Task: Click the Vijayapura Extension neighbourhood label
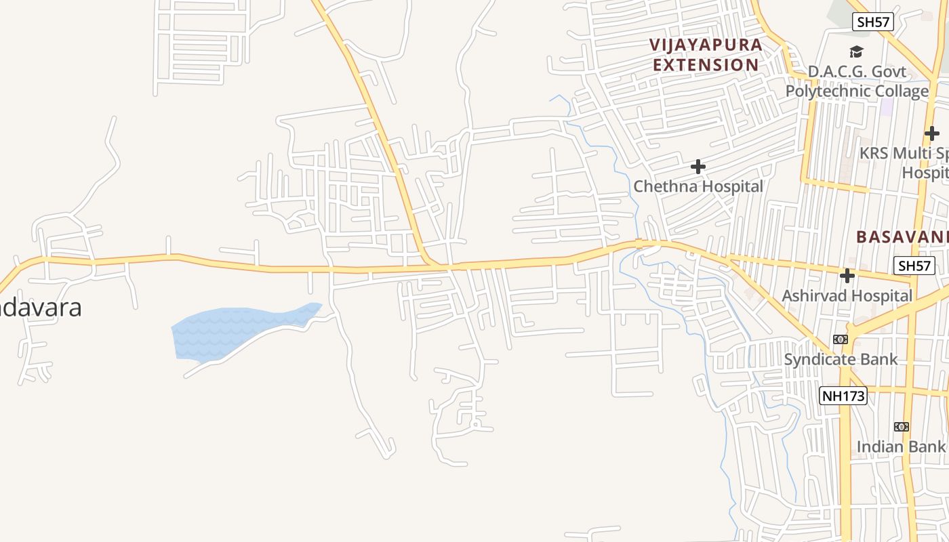[x=706, y=55]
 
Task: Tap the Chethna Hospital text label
[x=698, y=186]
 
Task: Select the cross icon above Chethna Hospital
[x=698, y=167]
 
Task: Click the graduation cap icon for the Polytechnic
[x=857, y=52]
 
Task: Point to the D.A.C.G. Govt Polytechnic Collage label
[x=857, y=81]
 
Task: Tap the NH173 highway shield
[x=843, y=396]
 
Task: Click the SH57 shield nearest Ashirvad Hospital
[x=914, y=266]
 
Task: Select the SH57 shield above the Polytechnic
[x=873, y=22]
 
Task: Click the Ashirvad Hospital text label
[x=847, y=296]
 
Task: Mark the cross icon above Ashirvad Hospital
[x=847, y=276]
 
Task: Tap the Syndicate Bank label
[x=841, y=359]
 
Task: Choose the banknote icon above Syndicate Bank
[x=841, y=339]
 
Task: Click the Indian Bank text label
[x=900, y=446]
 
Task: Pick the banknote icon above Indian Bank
[x=901, y=427]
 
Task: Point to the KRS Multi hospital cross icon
[x=932, y=133]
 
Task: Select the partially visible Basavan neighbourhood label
[x=902, y=237]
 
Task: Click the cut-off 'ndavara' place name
[x=41, y=307]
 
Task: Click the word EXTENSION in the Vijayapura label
[x=706, y=65]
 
